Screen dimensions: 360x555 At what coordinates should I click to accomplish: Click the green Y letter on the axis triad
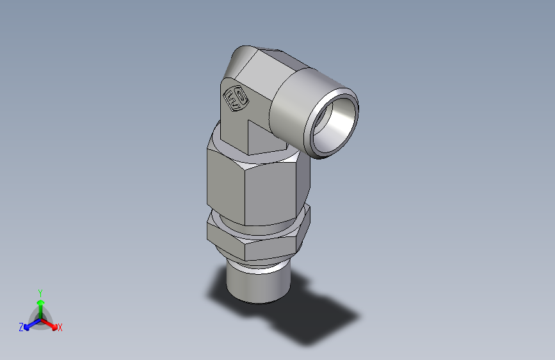coord(40,291)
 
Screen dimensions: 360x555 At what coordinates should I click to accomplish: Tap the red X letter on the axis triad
coord(60,328)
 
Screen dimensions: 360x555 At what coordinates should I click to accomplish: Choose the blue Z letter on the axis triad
coord(21,327)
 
